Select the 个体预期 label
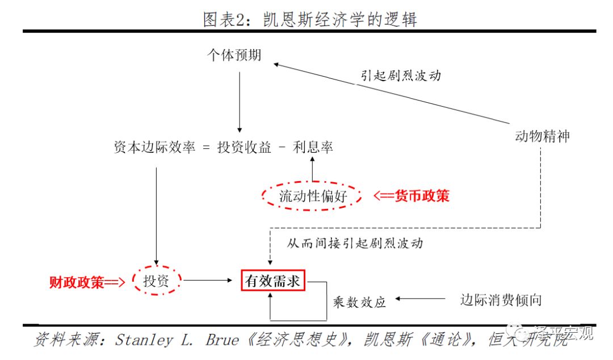click(x=234, y=55)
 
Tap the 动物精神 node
click(x=542, y=136)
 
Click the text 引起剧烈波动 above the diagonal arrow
click(x=401, y=76)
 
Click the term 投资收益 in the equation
click(x=245, y=148)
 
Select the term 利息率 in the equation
click(x=313, y=148)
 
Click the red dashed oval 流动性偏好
click(x=312, y=196)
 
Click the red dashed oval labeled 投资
click(x=156, y=281)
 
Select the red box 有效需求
click(x=273, y=281)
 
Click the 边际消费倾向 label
click(x=501, y=299)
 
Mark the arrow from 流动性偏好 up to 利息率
click(x=312, y=168)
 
